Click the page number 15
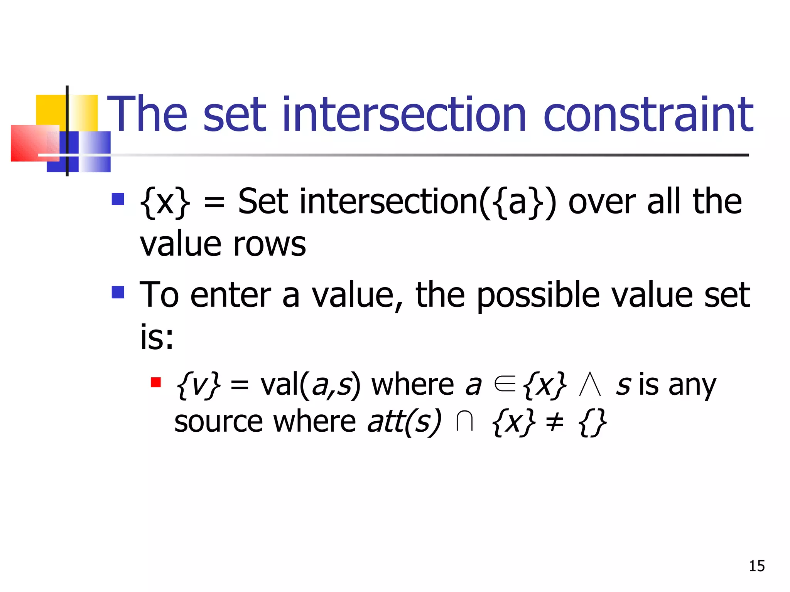point(756,566)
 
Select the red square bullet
point(156,382)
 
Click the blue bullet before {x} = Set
point(118,199)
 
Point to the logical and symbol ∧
point(590,385)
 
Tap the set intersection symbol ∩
point(464,422)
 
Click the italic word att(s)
point(404,422)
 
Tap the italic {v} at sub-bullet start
point(198,385)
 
